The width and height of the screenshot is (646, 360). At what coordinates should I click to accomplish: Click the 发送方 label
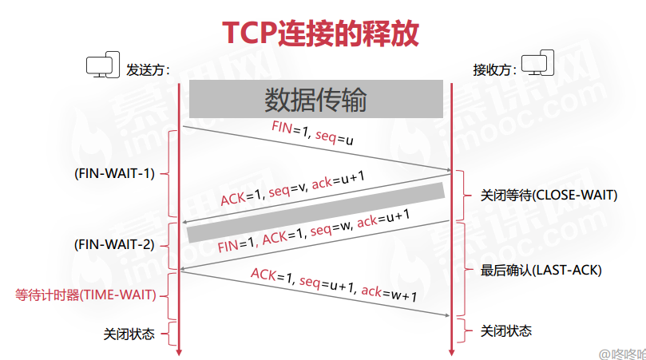[149, 69]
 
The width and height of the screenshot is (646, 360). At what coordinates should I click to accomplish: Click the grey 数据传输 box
[315, 99]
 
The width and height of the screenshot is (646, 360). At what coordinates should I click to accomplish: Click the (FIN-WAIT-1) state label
[113, 173]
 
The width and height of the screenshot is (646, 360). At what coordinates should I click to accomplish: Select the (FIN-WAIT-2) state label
[113, 244]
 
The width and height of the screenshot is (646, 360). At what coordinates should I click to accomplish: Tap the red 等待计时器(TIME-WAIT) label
[92, 295]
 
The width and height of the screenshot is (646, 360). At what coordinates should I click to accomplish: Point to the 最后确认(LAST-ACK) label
[541, 270]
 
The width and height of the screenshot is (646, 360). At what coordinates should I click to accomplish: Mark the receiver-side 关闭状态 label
[506, 330]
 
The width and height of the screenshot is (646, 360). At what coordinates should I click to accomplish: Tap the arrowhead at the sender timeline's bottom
[179, 350]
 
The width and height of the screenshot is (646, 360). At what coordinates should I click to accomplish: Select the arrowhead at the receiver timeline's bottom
[452, 350]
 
